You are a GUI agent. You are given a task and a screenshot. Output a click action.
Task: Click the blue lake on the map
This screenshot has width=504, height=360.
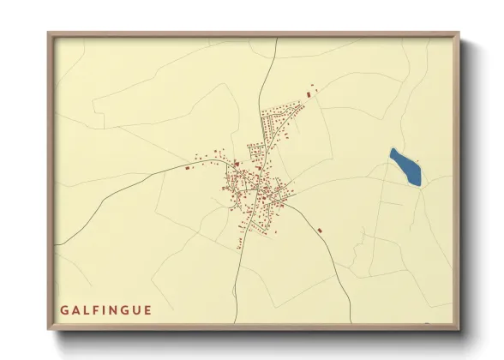405,166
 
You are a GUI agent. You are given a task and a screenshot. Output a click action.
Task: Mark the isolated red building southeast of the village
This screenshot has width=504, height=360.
319,230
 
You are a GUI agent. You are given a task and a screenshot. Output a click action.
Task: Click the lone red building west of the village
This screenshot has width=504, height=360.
187,168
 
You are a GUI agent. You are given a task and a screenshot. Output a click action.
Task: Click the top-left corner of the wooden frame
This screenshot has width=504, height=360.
48,33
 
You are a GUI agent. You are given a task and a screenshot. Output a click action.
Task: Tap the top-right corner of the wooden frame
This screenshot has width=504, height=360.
459,33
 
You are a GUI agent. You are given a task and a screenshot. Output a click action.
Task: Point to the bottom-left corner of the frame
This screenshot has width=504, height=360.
48,331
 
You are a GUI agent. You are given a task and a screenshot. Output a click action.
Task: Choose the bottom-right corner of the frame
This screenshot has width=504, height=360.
459,331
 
